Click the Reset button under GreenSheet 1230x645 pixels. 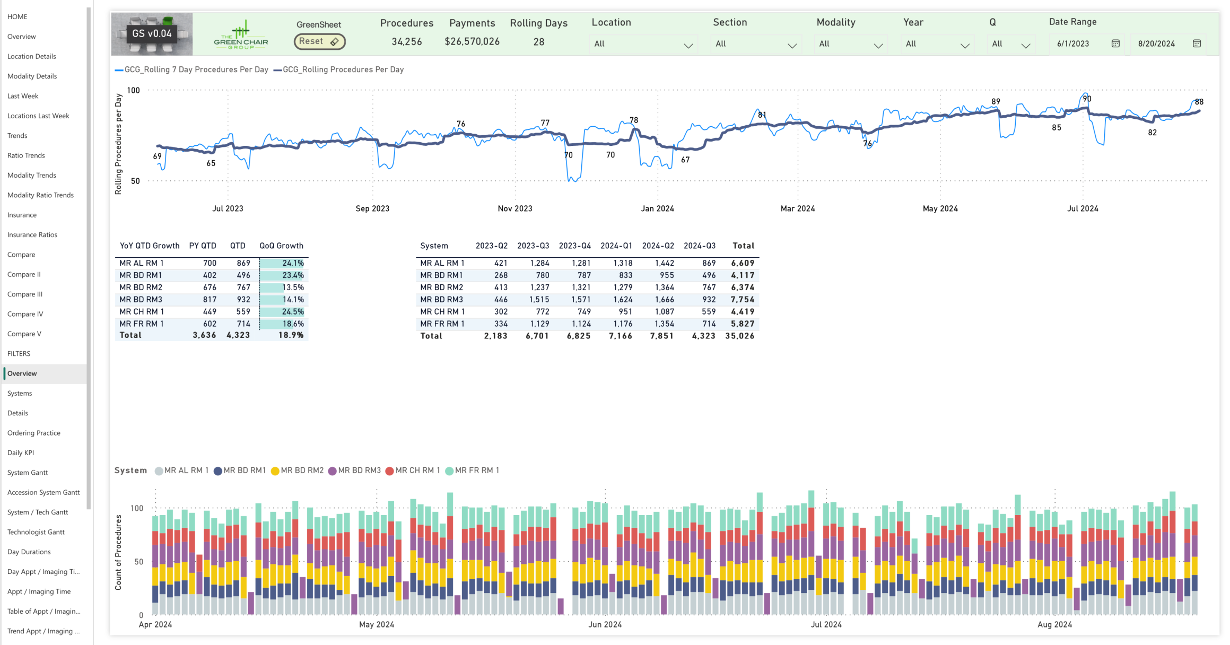(319, 41)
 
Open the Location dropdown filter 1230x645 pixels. (643, 44)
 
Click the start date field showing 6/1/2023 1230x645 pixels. (1073, 44)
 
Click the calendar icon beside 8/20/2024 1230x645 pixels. (1197, 43)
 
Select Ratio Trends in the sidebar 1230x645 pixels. (26, 155)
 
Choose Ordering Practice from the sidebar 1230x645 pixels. (34, 433)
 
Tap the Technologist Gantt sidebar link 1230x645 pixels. (36, 532)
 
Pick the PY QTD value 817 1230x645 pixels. (210, 300)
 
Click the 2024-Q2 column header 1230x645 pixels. (658, 246)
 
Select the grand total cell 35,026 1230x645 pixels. (739, 336)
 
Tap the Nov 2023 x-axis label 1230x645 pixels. (514, 209)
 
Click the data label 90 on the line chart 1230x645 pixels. (1087, 99)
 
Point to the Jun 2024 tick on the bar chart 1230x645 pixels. (605, 625)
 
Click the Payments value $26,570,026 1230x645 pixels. (472, 42)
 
